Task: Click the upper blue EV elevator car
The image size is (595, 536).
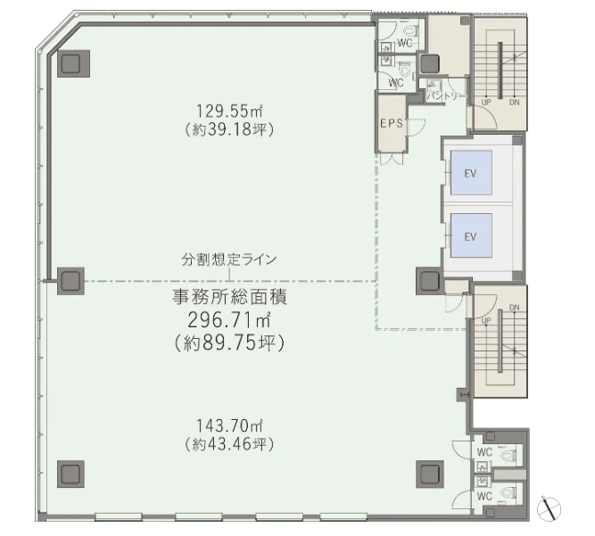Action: (471, 173)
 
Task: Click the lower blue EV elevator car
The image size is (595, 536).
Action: (471, 235)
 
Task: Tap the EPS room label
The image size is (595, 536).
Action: (392, 123)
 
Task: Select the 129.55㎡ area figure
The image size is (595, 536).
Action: (229, 111)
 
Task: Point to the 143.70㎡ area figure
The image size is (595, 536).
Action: (229, 425)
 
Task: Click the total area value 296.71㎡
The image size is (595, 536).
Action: (229, 320)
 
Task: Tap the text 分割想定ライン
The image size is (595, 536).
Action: (229, 260)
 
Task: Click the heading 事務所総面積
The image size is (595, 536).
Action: (229, 297)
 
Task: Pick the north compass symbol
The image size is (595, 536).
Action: (549, 508)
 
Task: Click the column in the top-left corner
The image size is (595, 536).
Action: (73, 63)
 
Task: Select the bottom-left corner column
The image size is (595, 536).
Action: (70, 474)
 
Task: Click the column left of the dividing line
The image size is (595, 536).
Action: (70, 281)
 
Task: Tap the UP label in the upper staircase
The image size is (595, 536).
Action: (486, 102)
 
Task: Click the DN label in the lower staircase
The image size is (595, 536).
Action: (514, 308)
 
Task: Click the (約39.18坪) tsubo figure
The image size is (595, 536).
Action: (229, 129)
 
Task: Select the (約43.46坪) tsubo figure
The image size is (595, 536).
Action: (229, 444)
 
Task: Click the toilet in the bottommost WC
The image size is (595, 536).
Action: (508, 492)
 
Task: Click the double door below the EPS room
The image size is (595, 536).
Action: (392, 159)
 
